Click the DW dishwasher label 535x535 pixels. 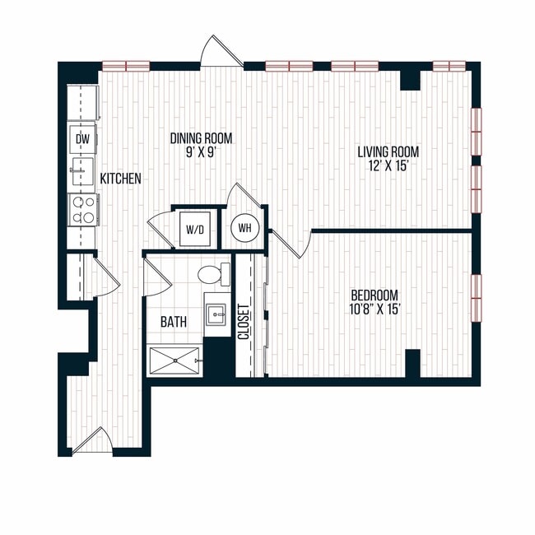click(82, 139)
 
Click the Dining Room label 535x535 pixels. click(202, 138)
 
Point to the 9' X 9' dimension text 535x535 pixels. click(202, 152)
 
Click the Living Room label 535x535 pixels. click(388, 151)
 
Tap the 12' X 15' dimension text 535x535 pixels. click(388, 165)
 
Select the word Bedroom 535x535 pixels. click(374, 295)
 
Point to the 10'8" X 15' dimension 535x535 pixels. click(374, 309)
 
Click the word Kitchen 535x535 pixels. click(120, 178)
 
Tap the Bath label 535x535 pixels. click(173, 323)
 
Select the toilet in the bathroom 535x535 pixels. click(216, 272)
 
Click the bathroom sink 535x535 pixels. click(217, 313)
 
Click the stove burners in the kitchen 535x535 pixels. click(82, 209)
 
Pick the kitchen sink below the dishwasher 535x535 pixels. click(81, 172)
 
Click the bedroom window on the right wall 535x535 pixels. click(476, 297)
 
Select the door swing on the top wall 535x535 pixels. click(223, 51)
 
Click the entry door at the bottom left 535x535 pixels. click(97, 441)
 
